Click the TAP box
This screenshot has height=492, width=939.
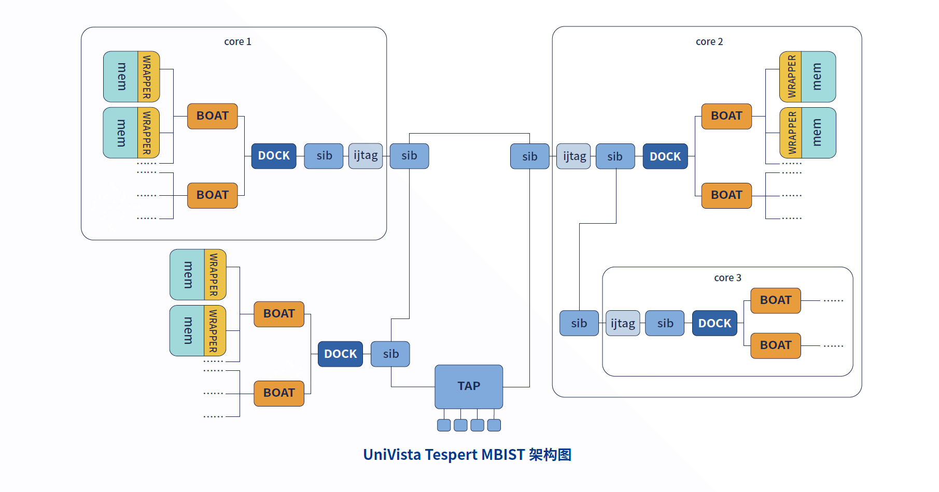(x=468, y=386)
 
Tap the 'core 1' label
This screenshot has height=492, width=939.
(x=237, y=41)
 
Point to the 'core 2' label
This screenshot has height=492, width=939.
(x=709, y=41)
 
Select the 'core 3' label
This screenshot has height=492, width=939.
(x=727, y=278)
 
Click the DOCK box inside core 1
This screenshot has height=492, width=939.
(x=274, y=156)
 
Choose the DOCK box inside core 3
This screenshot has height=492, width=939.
(x=714, y=323)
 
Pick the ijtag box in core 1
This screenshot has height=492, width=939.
(x=366, y=156)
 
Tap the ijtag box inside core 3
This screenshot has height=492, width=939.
(x=623, y=323)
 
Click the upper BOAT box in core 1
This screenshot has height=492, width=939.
(x=213, y=116)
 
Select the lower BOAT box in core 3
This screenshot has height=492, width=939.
(x=776, y=345)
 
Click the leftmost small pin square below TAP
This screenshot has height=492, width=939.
(x=444, y=425)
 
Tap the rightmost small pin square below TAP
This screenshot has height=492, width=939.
(x=494, y=425)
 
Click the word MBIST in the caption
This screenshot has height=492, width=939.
(x=503, y=455)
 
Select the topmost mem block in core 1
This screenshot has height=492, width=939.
(x=121, y=77)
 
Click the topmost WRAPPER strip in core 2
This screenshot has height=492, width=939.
(x=791, y=77)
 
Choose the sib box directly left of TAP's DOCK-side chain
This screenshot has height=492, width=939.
(x=390, y=354)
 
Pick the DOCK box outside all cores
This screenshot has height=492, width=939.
(x=340, y=354)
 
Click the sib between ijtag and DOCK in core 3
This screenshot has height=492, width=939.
(x=665, y=323)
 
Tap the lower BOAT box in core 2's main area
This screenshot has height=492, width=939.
(x=726, y=195)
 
